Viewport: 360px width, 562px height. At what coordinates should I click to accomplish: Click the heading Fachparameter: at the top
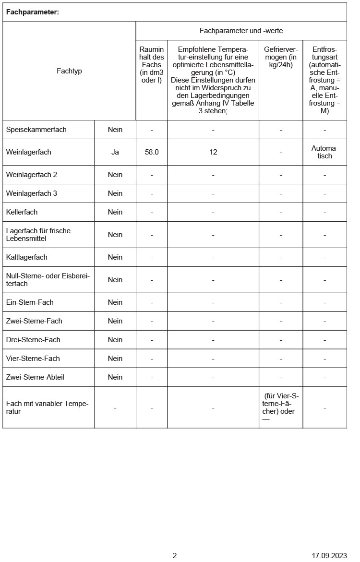[x=33, y=12]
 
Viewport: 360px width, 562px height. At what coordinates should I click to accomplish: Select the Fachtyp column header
[x=69, y=71]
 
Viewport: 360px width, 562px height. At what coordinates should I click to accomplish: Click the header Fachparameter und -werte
[x=241, y=31]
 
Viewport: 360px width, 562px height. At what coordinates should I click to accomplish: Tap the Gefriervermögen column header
[x=281, y=57]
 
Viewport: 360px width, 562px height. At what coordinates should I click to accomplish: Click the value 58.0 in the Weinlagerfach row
[x=152, y=152]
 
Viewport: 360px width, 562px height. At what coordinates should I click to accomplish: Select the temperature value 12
[x=213, y=152]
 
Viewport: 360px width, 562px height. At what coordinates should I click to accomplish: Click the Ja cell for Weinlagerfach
[x=115, y=152]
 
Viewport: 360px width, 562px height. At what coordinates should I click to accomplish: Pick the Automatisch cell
[x=324, y=152]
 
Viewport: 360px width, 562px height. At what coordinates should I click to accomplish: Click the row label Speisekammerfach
[x=36, y=130]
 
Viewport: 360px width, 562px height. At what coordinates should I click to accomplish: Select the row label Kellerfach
[x=22, y=212]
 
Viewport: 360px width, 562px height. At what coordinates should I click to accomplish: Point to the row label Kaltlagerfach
[x=27, y=257]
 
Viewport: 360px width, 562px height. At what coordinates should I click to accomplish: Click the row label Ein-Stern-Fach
[x=30, y=302]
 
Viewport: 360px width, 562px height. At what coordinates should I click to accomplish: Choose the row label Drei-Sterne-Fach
[x=33, y=340]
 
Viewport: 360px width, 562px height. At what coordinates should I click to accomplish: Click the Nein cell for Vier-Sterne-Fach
[x=115, y=359]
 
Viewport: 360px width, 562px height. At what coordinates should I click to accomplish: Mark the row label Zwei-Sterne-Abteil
[x=35, y=377]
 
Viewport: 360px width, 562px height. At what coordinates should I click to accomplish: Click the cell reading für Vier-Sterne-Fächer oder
[x=281, y=404]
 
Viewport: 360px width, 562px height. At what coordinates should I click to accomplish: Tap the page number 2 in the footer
[x=175, y=556]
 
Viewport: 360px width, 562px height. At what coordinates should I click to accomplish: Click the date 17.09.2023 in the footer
[x=329, y=556]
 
